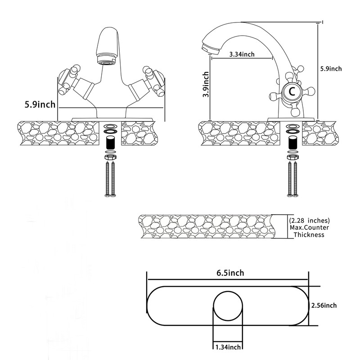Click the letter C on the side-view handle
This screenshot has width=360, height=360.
pos(292,92)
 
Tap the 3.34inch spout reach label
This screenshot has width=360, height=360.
pos(242,54)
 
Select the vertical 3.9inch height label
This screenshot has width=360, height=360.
pos(206,84)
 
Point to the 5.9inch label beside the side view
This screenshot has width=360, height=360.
pos(331,69)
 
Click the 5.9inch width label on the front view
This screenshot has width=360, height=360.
pos(40,104)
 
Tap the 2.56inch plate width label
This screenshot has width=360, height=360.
pos(324,306)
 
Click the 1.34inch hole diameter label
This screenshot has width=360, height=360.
pos(228,347)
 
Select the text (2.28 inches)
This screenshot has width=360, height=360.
pos(309,220)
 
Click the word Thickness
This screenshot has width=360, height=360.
pos(309,234)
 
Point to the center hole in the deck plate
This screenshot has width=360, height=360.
pos(228,306)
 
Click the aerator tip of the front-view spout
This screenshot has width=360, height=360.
pos(106,62)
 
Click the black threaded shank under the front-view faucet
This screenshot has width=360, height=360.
pos(111,143)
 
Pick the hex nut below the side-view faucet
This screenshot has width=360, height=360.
pos(293,157)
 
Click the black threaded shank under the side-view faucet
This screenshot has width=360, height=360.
pos(293,143)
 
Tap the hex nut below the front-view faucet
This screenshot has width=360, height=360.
pos(111,157)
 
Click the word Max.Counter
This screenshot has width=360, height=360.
pos(309,228)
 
